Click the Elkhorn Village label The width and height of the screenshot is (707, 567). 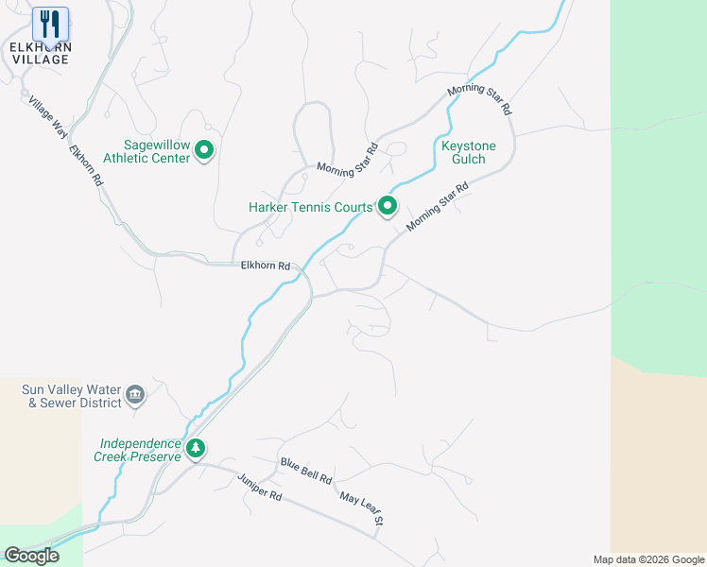coord(40,52)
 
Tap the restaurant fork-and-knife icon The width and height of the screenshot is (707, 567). coord(50,23)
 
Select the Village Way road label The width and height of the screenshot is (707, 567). coord(48,118)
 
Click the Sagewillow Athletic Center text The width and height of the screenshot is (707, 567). coord(147,151)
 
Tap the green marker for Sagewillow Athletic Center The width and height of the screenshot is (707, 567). coord(205,149)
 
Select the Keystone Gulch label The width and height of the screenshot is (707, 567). coord(463,152)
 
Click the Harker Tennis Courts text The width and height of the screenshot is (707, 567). coord(310,207)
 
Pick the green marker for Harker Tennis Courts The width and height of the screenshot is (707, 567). coord(388,205)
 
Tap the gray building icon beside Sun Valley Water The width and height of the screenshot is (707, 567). coord(135,394)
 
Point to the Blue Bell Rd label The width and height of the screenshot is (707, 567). coord(305,471)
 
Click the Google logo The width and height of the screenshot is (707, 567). coord(31,556)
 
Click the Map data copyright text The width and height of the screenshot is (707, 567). coord(648,559)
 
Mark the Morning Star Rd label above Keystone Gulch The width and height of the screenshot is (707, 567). coord(479,99)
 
